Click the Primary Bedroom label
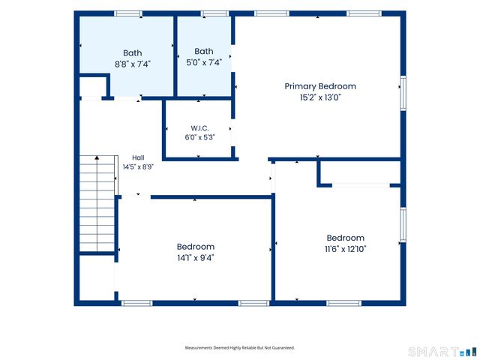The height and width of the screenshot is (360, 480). pos(320,87)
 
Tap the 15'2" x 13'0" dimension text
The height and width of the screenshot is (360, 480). pos(320,97)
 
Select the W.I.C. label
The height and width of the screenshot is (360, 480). pos(199,128)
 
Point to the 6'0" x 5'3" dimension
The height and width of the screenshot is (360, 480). pos(199,137)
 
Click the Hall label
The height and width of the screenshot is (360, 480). pos(138,158)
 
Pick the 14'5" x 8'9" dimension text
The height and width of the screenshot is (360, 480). pos(138,167)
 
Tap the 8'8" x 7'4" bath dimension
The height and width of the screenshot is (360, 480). pos(133,64)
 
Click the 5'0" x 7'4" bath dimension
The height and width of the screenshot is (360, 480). pos(204,62)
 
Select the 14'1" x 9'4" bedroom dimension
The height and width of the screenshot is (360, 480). pos(195,258)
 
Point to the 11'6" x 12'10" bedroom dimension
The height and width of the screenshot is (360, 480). pos(345,249)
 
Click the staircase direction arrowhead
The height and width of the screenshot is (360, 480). pos(97,157)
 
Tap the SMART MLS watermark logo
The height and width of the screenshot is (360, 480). pos(442,352)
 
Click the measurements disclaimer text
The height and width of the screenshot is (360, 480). pos(240,348)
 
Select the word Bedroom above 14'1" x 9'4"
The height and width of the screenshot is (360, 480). pos(195,247)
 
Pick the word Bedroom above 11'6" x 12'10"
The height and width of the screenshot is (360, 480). pos(345,238)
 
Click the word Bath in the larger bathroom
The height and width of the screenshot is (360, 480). pos(133,53)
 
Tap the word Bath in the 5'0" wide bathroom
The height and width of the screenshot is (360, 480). pos(204,51)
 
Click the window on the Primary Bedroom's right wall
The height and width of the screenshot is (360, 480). pos(403,93)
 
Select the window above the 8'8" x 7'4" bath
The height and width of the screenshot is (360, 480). pos(128,13)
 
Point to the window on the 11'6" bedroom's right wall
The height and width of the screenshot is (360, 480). pos(403,225)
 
